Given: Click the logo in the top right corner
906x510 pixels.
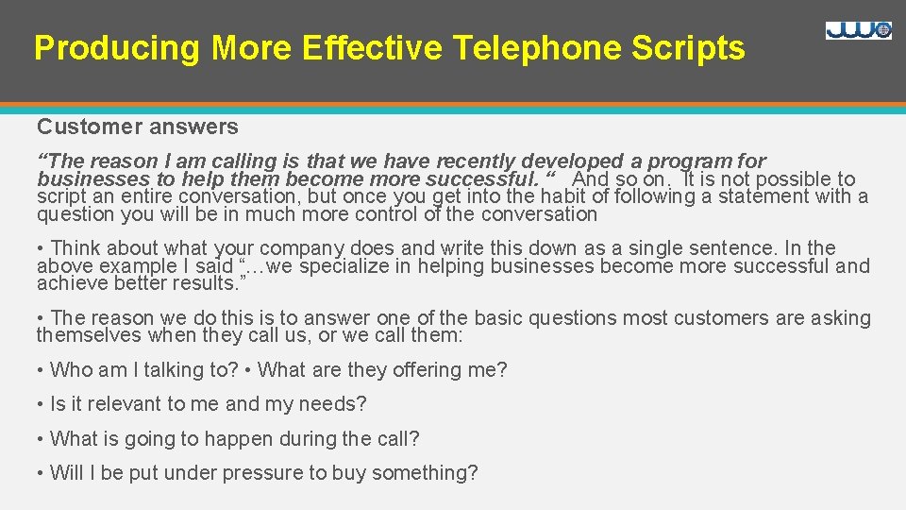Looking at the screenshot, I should pyautogui.click(x=858, y=30).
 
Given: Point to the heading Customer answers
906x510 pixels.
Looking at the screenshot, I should pyautogui.click(x=138, y=127).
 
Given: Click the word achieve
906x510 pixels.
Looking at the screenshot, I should pyautogui.click(x=72, y=283).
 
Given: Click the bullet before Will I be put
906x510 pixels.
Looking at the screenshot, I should pyautogui.click(x=41, y=473).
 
